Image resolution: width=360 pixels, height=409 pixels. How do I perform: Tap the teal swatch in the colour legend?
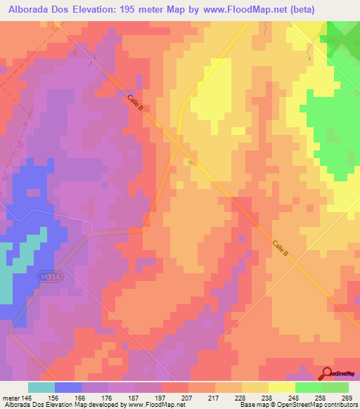41,387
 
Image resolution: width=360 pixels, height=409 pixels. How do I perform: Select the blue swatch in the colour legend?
68,387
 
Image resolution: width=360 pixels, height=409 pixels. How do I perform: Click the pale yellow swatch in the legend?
281,387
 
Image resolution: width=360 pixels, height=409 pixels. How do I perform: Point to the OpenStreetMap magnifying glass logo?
328,373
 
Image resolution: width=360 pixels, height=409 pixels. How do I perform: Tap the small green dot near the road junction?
190,162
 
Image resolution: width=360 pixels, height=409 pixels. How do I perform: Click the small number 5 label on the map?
308,58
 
